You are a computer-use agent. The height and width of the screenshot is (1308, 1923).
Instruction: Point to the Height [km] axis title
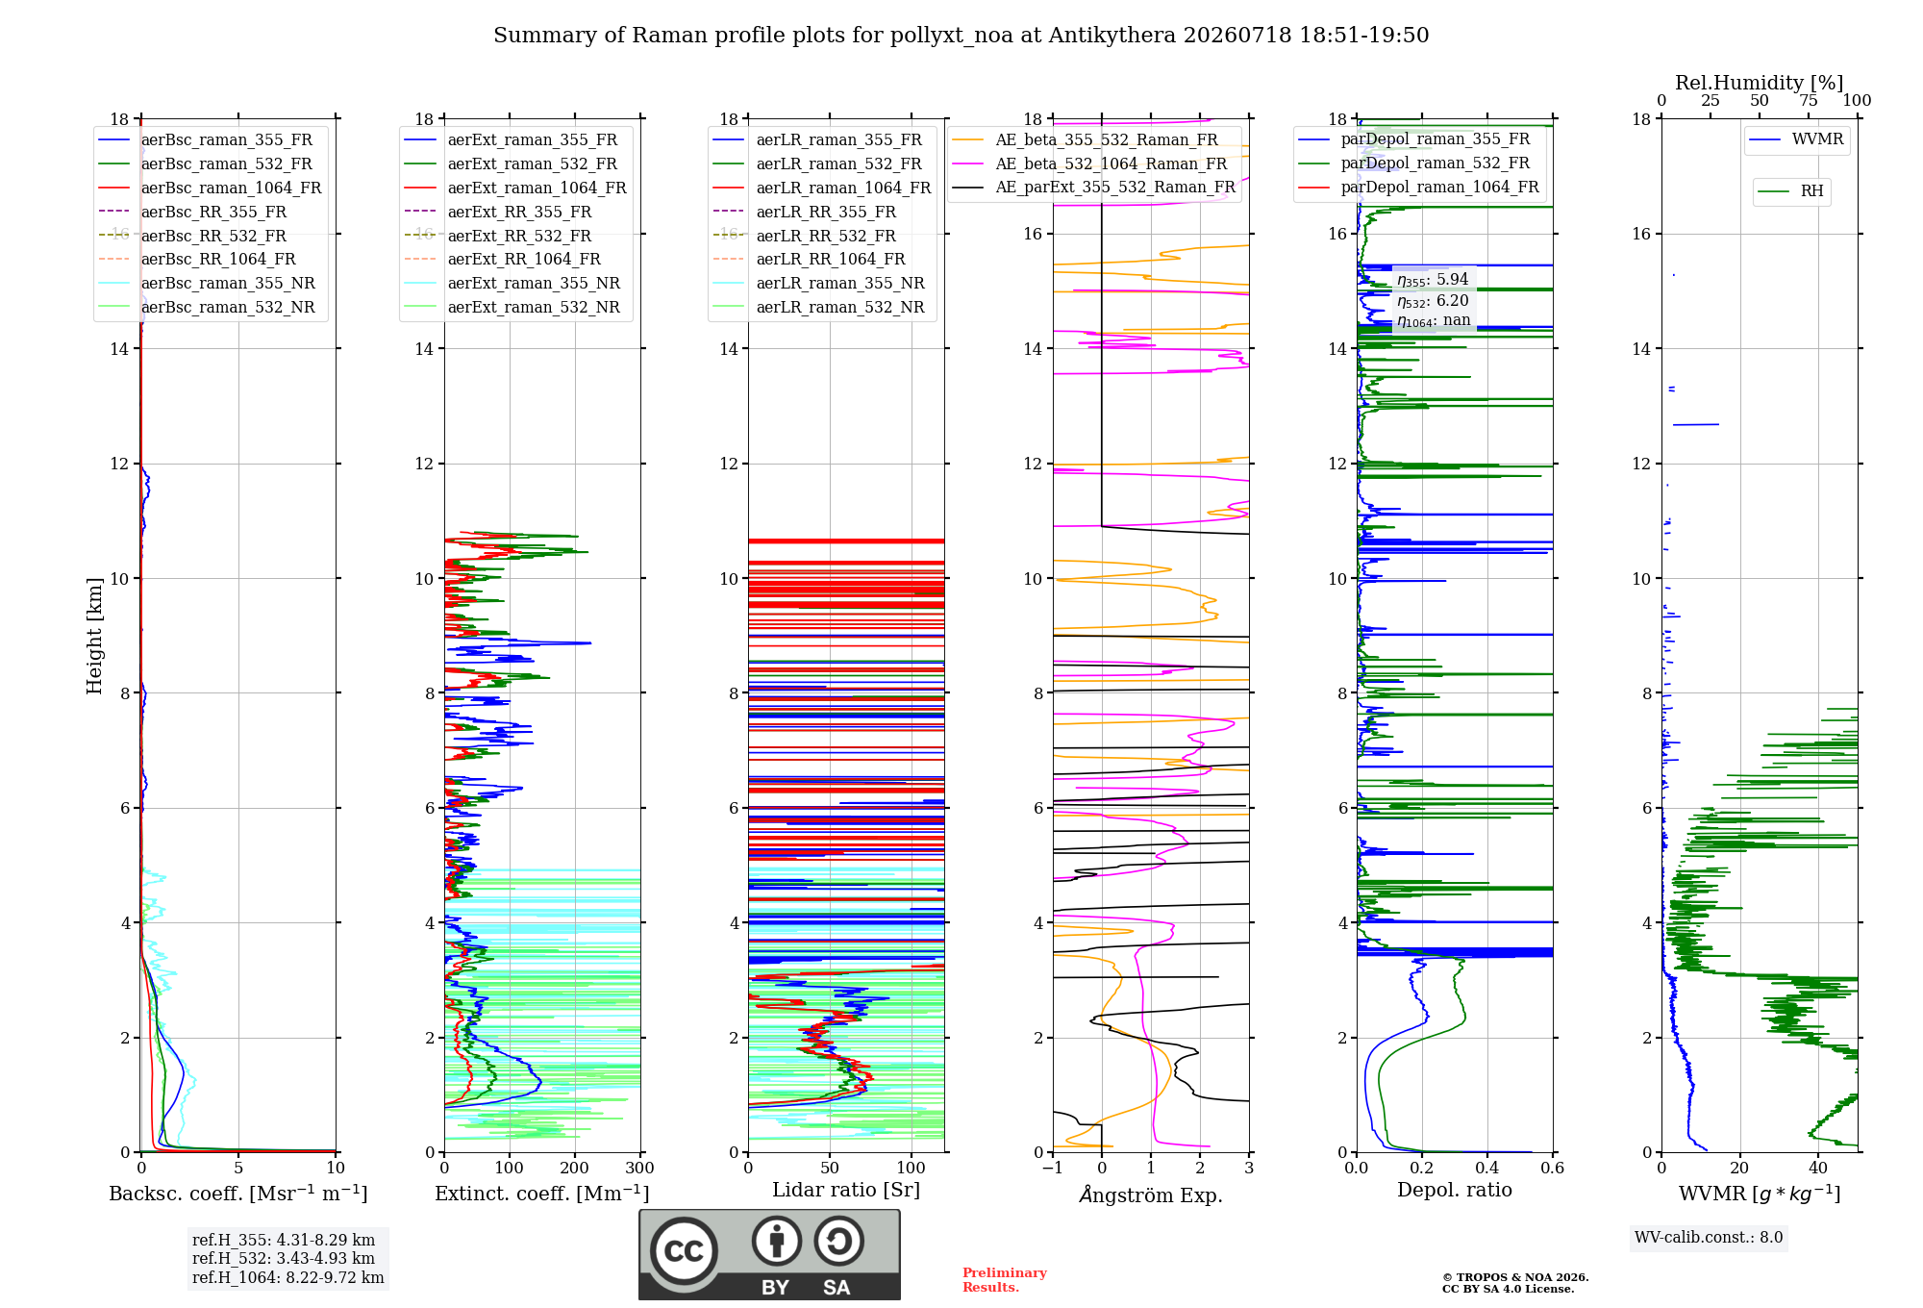(94, 636)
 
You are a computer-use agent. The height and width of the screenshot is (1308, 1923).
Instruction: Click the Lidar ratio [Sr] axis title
(846, 1190)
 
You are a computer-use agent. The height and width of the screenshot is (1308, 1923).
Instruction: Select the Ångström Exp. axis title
(1151, 1195)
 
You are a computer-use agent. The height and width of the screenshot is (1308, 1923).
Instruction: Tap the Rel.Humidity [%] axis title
(1760, 83)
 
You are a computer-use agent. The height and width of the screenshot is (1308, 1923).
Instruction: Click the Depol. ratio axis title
(1455, 1190)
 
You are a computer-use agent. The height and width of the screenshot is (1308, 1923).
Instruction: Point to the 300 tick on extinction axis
(639, 1168)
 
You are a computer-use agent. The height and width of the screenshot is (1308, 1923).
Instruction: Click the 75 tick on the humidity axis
(1809, 100)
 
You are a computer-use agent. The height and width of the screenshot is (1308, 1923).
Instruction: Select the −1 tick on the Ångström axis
(1052, 1168)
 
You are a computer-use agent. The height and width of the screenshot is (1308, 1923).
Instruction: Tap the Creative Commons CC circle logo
(684, 1250)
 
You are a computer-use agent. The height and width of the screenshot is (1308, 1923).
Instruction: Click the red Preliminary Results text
(1005, 1280)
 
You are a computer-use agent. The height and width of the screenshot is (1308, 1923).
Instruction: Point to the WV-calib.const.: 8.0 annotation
(1709, 1238)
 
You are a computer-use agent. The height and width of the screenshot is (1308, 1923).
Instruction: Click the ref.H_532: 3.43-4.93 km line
(284, 1258)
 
